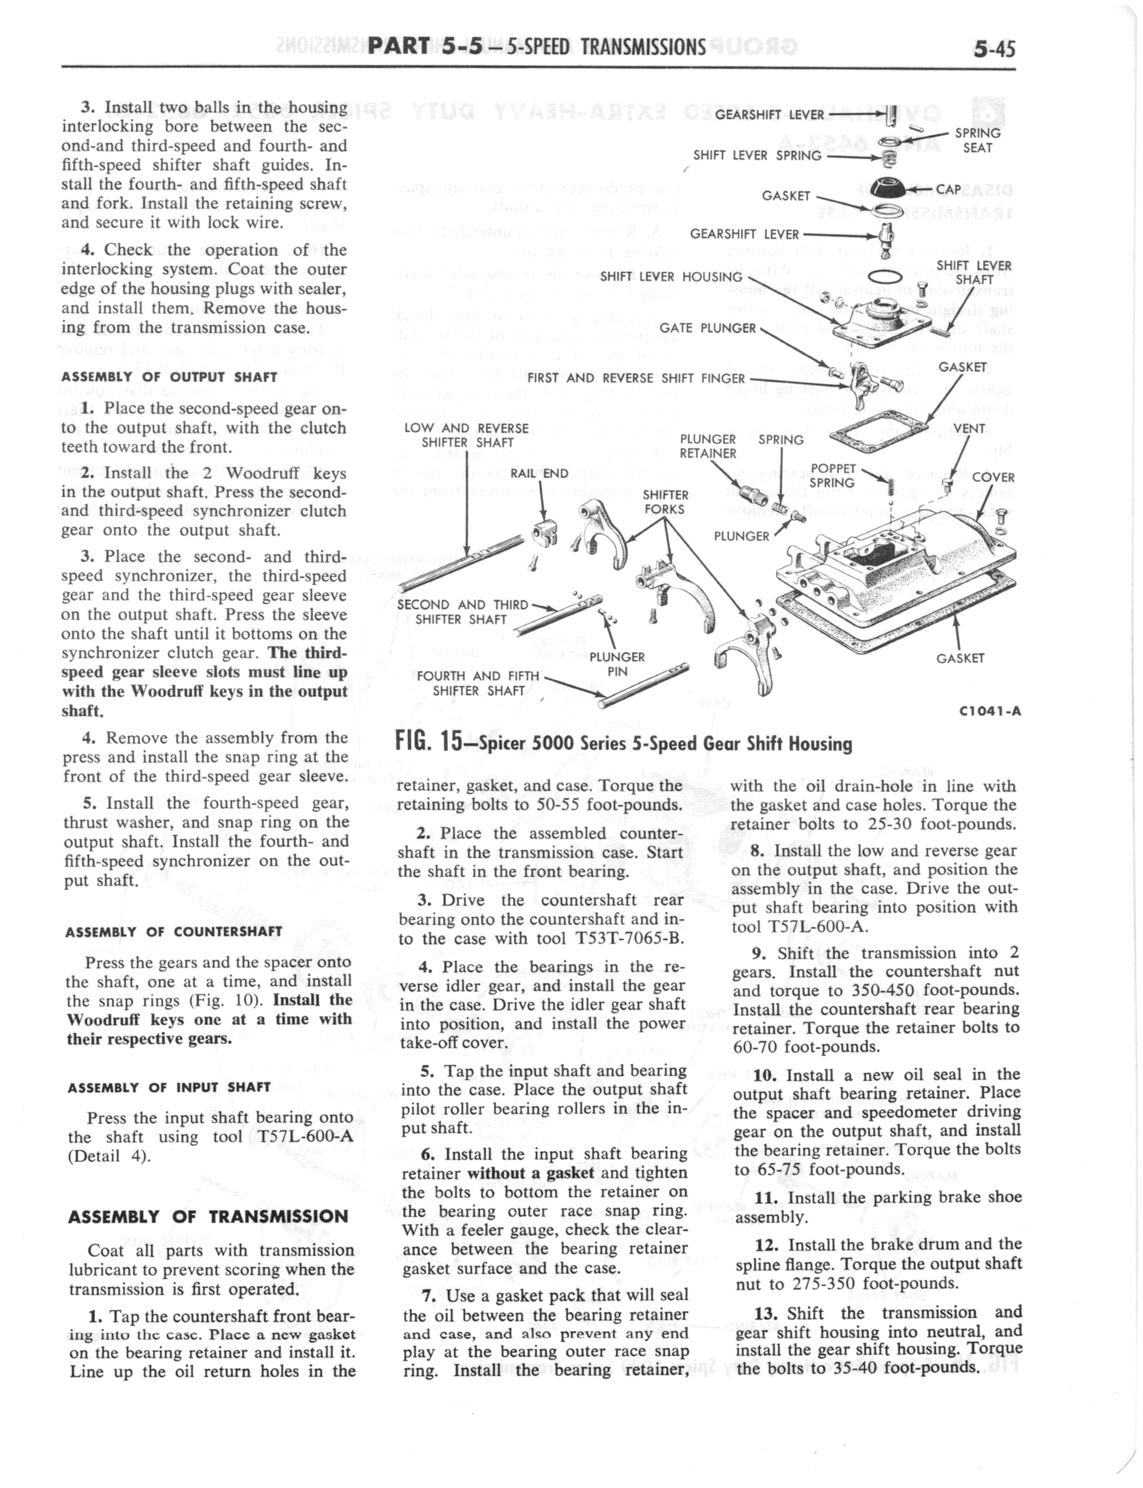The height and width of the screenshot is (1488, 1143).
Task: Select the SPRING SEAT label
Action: pyautogui.click(x=977, y=140)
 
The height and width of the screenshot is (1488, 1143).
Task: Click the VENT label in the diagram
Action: pyautogui.click(x=969, y=429)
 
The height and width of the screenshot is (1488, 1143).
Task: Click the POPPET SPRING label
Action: pyautogui.click(x=833, y=476)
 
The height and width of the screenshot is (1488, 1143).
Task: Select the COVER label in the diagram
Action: pyautogui.click(x=993, y=477)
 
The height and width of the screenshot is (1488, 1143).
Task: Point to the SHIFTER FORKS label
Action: pyautogui.click(x=666, y=502)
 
